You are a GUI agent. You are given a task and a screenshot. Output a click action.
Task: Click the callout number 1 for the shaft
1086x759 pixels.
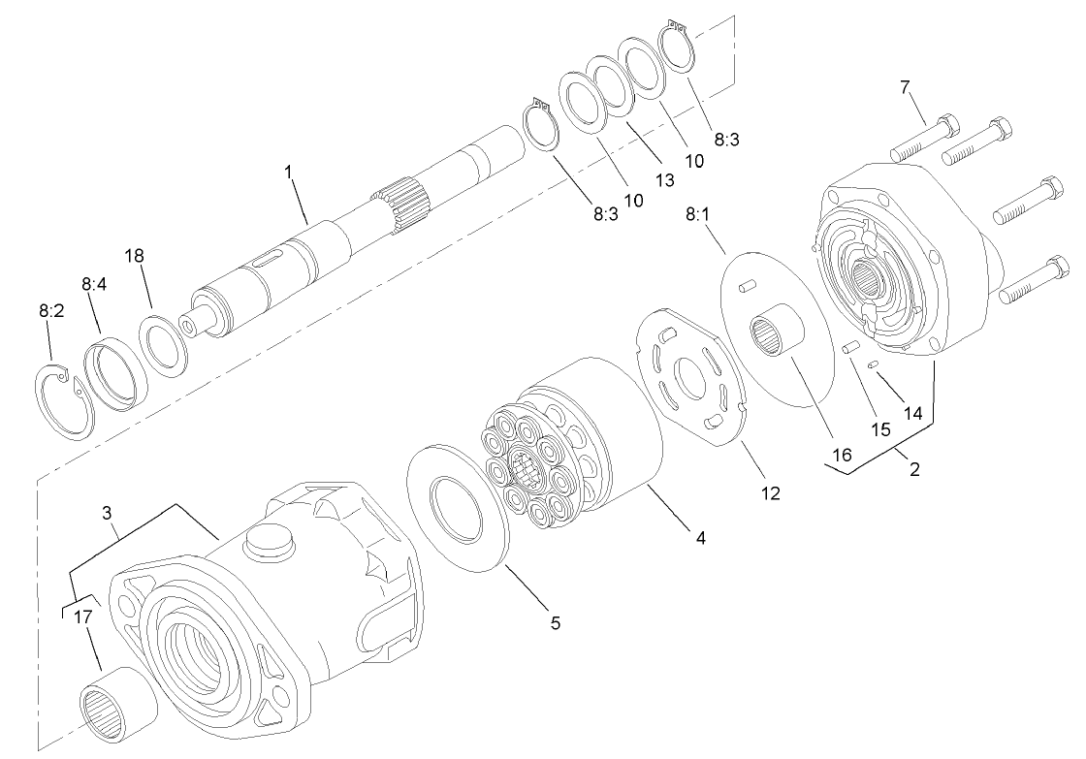click(x=288, y=172)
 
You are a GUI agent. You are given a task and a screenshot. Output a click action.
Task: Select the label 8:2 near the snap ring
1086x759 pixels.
click(x=51, y=312)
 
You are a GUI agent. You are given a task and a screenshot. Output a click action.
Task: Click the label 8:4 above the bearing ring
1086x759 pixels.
click(x=94, y=285)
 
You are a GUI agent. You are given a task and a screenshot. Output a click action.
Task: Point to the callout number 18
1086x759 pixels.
click(x=134, y=255)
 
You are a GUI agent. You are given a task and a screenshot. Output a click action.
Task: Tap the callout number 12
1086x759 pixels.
click(x=771, y=492)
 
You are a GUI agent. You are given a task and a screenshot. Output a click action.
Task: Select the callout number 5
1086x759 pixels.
click(x=555, y=622)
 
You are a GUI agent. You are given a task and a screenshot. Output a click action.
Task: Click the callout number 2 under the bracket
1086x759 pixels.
click(x=913, y=470)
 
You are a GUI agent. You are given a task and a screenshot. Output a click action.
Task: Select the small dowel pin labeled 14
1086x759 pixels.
click(x=874, y=364)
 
